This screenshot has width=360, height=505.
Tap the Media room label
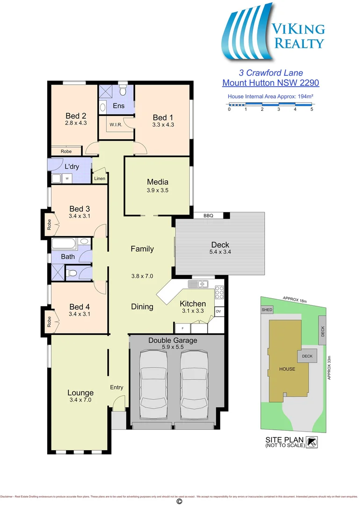(158, 182)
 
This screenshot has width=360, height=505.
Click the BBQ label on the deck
(208, 216)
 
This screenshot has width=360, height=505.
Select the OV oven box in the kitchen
(218, 311)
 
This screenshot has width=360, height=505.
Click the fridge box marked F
(182, 327)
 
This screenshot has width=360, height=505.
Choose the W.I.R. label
(116, 125)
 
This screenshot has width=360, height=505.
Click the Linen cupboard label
(100, 179)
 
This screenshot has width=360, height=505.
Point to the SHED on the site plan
(266, 310)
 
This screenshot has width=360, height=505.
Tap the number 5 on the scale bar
(311, 109)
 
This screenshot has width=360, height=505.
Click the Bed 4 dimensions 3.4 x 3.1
(79, 314)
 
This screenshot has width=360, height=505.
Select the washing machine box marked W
(67, 178)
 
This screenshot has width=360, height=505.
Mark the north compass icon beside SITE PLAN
(312, 441)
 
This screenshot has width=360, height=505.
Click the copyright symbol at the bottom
(179, 501)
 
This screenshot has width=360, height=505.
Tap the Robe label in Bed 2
(66, 151)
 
